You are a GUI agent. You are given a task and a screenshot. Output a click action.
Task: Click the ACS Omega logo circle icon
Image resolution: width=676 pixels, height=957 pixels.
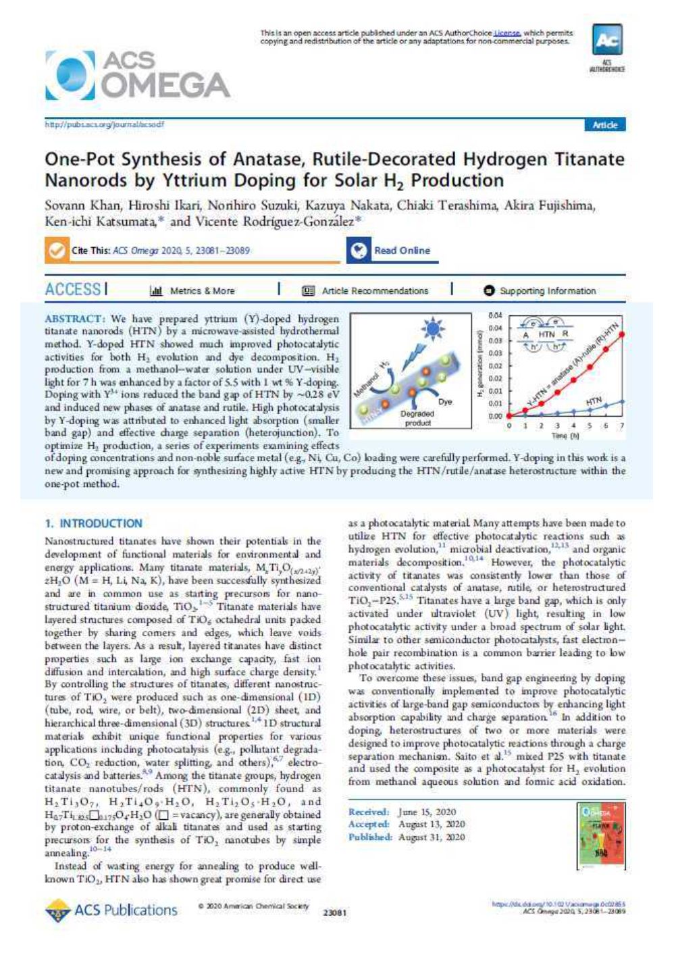click(x=70, y=75)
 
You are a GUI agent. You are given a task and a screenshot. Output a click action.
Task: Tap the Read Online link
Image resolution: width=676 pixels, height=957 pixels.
click(x=402, y=251)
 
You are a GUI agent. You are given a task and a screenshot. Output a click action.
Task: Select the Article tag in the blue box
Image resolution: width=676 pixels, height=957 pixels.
click(x=605, y=125)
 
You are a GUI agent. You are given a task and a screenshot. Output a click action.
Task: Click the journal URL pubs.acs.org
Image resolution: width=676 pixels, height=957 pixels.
click(x=104, y=125)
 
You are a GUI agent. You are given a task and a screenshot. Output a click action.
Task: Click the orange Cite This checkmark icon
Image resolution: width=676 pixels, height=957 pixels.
click(x=55, y=251)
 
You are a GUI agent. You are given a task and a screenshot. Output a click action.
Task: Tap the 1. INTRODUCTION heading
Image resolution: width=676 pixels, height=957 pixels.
click(x=93, y=523)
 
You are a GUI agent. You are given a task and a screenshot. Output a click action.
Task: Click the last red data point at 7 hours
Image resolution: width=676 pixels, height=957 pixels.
click(x=621, y=334)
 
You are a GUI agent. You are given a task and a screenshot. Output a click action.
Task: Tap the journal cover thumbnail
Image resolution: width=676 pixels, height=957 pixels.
click(x=599, y=835)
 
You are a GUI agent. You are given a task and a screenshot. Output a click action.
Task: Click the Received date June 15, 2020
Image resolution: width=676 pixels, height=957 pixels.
click(x=427, y=812)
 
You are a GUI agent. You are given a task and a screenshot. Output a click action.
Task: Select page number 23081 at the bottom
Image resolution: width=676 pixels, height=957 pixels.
click(x=336, y=913)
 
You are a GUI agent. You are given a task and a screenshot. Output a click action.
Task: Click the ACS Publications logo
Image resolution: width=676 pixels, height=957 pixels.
click(x=111, y=910)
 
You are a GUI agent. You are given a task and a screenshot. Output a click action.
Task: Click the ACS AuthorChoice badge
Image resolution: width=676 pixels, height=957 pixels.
click(x=607, y=47)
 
